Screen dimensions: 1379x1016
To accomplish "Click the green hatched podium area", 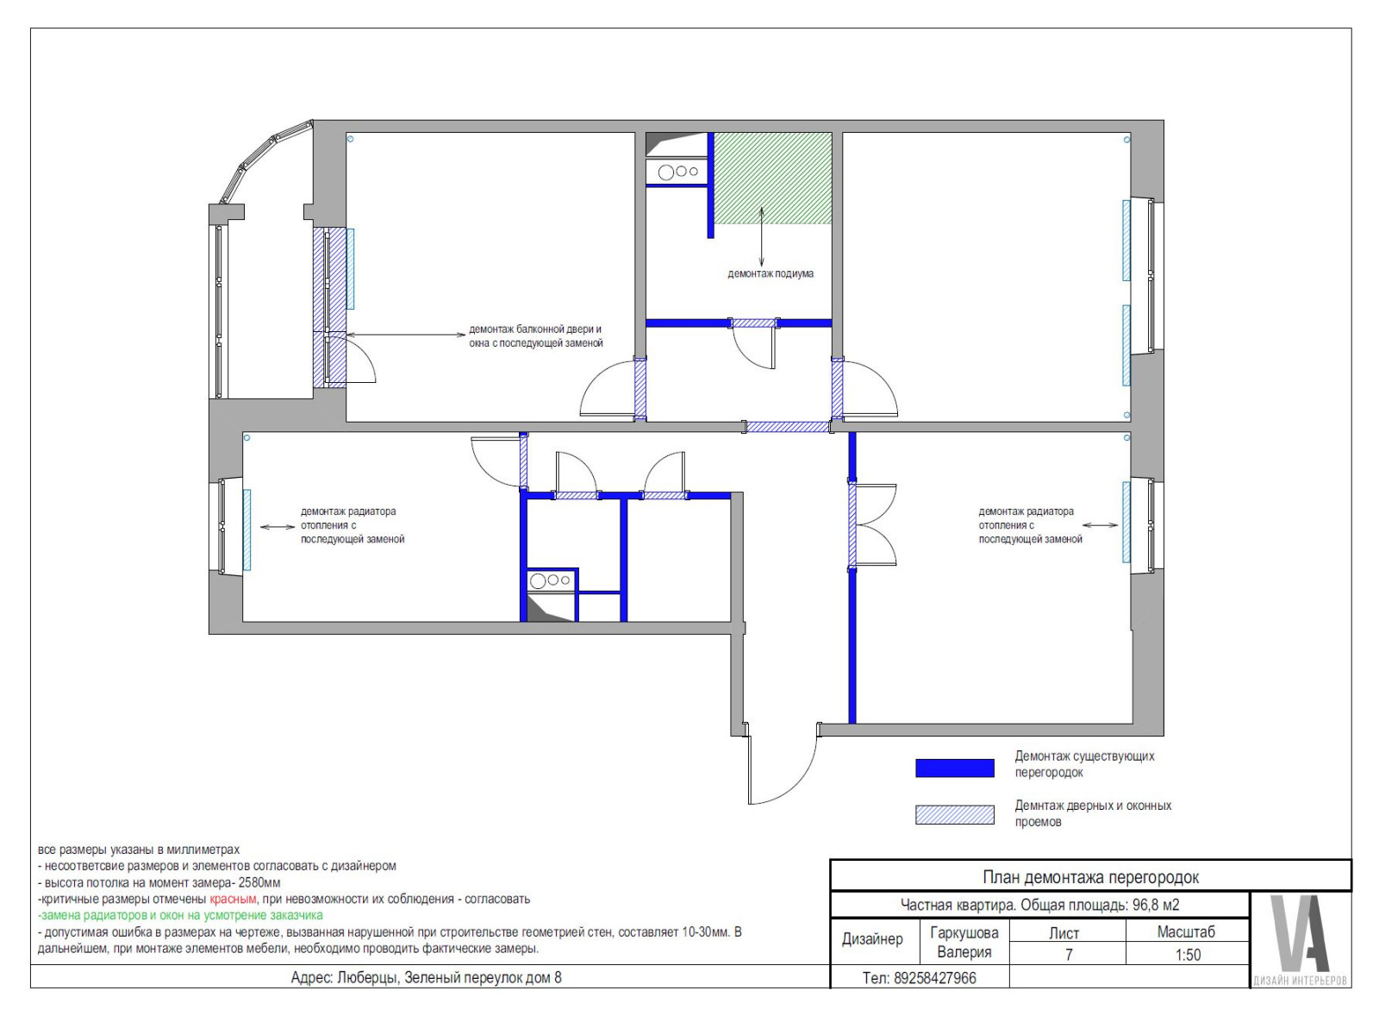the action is click(x=772, y=178).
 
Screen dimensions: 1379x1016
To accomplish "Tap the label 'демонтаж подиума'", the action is click(x=771, y=273).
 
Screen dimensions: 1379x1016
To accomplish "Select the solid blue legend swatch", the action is click(x=954, y=768).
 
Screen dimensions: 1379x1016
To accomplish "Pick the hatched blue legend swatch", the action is click(x=954, y=814).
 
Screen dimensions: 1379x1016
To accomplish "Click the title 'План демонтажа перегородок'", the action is click(x=1090, y=877).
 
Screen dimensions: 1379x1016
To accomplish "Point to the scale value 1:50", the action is click(x=1188, y=955).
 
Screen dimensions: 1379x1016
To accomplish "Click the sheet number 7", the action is click(x=1069, y=955).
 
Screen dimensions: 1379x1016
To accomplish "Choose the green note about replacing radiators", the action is click(x=180, y=916).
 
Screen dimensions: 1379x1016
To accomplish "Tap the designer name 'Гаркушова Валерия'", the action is click(x=964, y=942).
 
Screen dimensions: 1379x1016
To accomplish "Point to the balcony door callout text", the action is click(x=535, y=336).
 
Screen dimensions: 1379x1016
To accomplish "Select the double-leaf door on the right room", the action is click(x=873, y=525).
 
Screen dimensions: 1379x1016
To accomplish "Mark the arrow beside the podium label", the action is click(x=762, y=236).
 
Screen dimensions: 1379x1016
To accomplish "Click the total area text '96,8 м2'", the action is click(x=1156, y=905).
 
